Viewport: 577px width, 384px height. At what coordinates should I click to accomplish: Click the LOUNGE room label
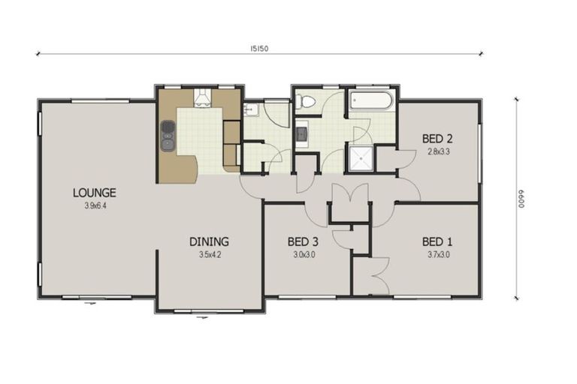(94, 193)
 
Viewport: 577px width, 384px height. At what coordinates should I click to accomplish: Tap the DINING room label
(208, 242)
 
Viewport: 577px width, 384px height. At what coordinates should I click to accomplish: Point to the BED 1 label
(437, 242)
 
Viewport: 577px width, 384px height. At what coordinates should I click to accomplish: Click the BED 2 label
(437, 138)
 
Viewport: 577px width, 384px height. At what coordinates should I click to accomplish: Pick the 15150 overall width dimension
(260, 48)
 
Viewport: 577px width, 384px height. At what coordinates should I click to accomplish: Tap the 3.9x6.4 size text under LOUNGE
(94, 205)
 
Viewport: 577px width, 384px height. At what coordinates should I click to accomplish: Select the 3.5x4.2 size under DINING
(208, 255)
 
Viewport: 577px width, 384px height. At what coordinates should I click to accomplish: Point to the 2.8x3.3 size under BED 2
(437, 151)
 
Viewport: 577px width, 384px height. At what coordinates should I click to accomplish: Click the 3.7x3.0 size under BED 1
(437, 255)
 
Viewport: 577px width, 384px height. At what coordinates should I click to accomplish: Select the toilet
(306, 103)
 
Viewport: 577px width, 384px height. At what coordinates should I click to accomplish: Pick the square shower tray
(358, 158)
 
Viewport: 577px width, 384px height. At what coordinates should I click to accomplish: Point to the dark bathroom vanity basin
(301, 135)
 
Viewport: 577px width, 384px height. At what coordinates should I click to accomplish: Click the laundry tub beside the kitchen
(252, 110)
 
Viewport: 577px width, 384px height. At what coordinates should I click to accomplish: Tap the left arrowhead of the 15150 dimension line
(38, 54)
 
